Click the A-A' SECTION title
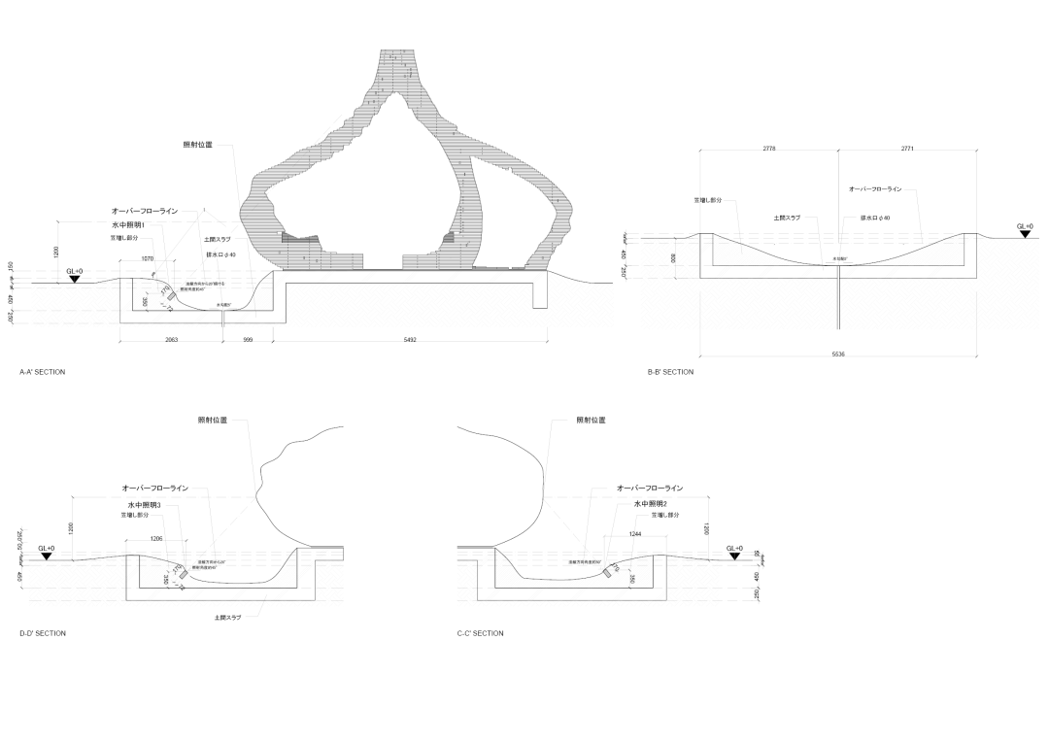tap(42, 372)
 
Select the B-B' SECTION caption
tap(670, 372)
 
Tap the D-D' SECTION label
tap(43, 633)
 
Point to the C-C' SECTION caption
tap(480, 633)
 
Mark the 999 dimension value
tap(248, 341)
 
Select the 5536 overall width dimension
tap(838, 354)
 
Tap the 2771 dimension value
tap(906, 149)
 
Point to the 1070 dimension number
tap(148, 258)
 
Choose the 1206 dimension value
tap(155, 538)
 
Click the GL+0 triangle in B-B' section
tap(1025, 234)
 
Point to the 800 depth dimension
tap(672, 258)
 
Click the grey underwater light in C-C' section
tap(608, 573)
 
